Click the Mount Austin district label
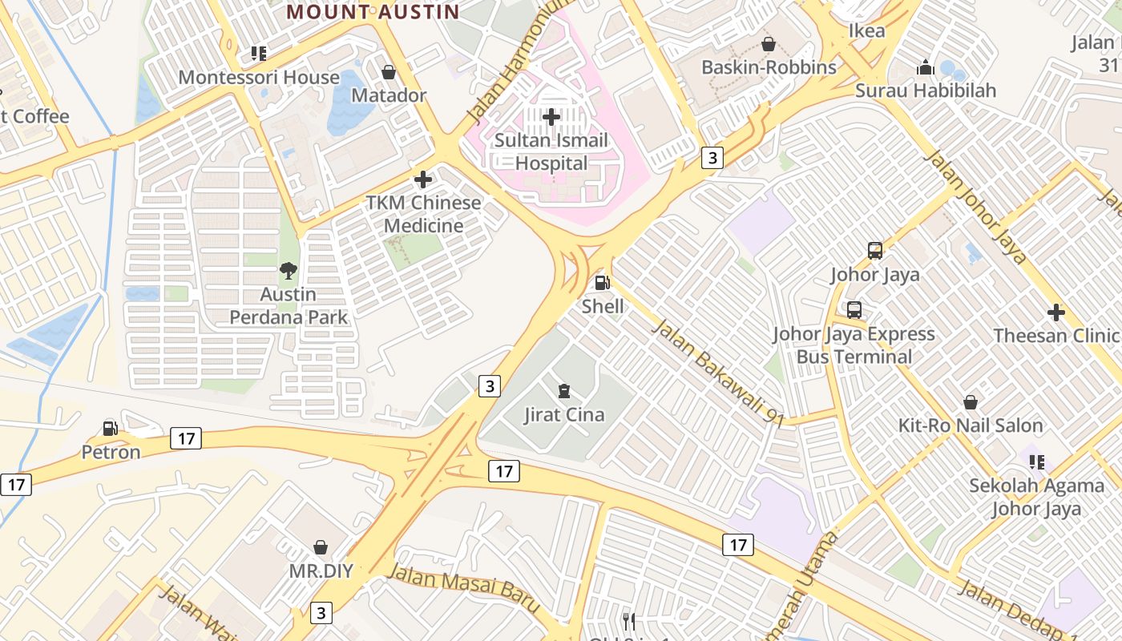click(x=373, y=12)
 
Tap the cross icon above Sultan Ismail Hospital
click(x=551, y=117)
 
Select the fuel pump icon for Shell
click(x=602, y=282)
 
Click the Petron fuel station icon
click(x=111, y=429)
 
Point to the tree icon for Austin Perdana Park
click(x=289, y=271)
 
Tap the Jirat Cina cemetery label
click(x=564, y=415)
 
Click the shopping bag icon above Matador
click(x=389, y=72)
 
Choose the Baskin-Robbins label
click(x=769, y=67)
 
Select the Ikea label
click(x=866, y=31)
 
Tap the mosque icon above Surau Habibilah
click(x=926, y=67)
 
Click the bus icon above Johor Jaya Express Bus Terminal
click(x=854, y=310)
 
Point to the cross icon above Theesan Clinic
click(x=1056, y=312)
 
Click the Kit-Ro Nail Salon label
click(x=970, y=425)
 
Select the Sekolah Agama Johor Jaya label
click(x=1036, y=497)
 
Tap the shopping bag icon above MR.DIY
click(x=321, y=548)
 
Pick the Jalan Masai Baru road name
click(x=464, y=588)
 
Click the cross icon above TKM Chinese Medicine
click(x=423, y=179)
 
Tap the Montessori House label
click(x=259, y=78)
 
